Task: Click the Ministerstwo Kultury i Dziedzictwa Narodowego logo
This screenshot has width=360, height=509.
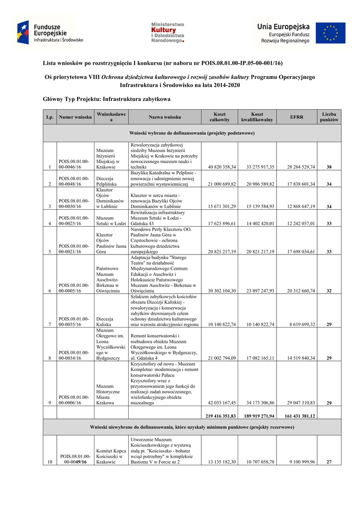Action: pos(167,33)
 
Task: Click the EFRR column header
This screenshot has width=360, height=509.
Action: pos(297,117)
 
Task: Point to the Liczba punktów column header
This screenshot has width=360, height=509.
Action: pos(329,117)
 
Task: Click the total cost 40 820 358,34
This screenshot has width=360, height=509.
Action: pos(222,167)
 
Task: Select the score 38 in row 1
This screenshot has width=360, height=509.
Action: pos(329,167)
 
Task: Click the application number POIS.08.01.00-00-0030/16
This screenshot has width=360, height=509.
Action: pos(74,203)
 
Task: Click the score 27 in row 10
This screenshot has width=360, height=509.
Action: pos(329,462)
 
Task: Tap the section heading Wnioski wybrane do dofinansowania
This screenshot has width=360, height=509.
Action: pos(192,133)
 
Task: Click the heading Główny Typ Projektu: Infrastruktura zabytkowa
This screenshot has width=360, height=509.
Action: pos(106,99)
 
